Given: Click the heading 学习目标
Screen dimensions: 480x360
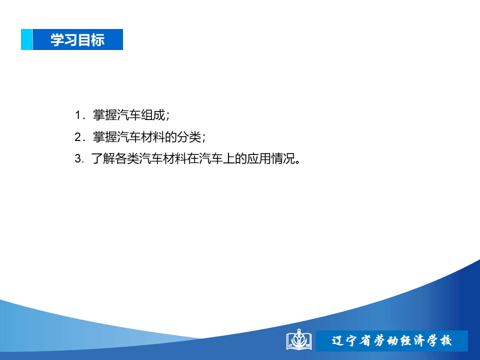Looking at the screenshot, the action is [77, 40].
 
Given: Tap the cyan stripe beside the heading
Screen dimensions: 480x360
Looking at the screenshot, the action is [26, 39].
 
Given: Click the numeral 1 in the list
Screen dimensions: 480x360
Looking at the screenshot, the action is [78, 115].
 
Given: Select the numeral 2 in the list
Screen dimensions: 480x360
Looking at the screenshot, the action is [78, 137].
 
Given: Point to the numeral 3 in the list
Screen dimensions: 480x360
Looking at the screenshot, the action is [78, 158].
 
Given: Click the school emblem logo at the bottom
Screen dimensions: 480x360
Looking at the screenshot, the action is [299, 340].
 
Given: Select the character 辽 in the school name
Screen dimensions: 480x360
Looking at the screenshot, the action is [338, 340].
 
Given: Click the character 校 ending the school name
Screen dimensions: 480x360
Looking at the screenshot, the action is [445, 340].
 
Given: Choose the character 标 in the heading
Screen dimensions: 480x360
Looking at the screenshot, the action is [98, 40].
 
